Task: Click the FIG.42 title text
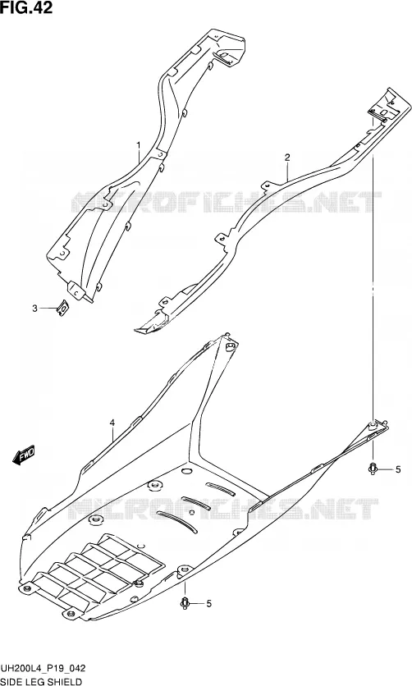coord(26,7)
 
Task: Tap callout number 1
coord(138,144)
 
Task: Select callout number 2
coord(287,158)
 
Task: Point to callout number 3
coord(35,309)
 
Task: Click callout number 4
coord(112,423)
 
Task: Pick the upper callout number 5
coord(397,470)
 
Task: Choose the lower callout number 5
coord(208,604)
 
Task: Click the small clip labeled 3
coord(64,309)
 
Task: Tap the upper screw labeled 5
coord(373,469)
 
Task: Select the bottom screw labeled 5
coord(184,603)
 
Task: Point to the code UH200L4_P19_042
coord(43,668)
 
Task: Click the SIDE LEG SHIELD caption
coord(41,681)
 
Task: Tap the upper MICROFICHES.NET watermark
coord(227,202)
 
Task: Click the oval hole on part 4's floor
coord(187,471)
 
